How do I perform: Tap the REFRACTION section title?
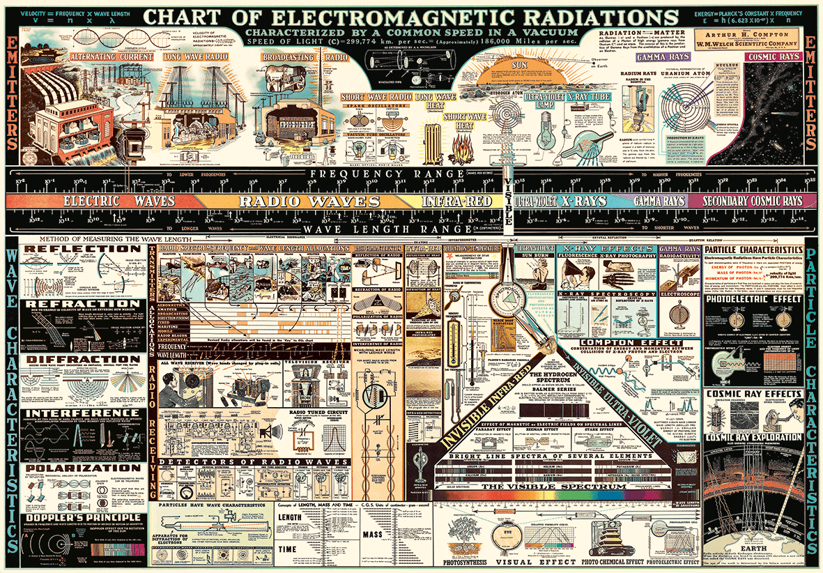click(x=77, y=304)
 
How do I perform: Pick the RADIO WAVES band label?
click(x=309, y=201)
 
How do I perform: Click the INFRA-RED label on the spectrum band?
click(x=457, y=201)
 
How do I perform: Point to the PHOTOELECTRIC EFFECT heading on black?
click(x=753, y=299)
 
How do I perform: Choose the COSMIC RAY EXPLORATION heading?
click(x=753, y=437)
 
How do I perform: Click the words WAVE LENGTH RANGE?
click(x=369, y=228)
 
